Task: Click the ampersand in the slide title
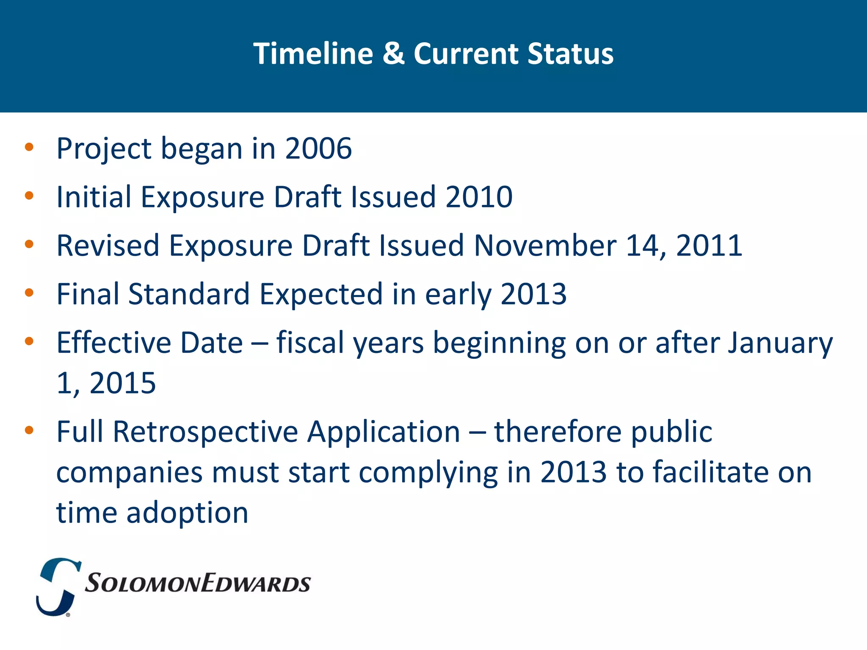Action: (x=393, y=54)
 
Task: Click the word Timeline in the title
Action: (x=313, y=54)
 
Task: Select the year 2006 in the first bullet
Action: (x=318, y=149)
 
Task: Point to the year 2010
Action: (x=479, y=197)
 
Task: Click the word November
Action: (x=545, y=246)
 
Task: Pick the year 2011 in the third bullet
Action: (x=709, y=246)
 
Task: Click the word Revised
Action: (x=108, y=246)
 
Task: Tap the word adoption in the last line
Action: (x=187, y=513)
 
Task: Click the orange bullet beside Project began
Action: (x=29, y=148)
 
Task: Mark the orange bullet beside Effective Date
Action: (x=29, y=342)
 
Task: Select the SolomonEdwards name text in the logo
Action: (x=198, y=584)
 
